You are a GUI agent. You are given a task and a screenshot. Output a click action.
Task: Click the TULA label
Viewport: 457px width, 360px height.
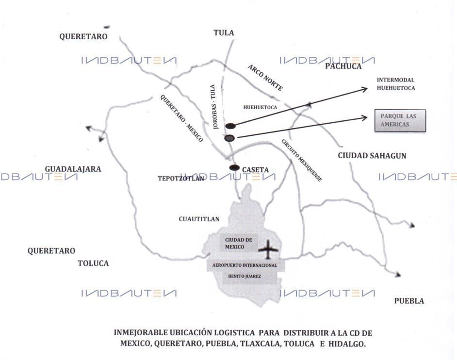(x=224, y=33)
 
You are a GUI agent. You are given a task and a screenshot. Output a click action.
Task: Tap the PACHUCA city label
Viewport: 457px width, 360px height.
(x=343, y=66)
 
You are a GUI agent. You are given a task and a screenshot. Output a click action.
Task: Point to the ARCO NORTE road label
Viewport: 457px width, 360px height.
(x=265, y=78)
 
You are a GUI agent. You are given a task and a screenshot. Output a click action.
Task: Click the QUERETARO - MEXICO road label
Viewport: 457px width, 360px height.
(x=181, y=118)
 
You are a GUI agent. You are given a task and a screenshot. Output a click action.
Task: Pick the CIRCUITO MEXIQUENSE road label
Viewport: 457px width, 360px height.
(x=302, y=160)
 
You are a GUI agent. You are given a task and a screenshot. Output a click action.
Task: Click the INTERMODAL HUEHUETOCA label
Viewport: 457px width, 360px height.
(x=396, y=84)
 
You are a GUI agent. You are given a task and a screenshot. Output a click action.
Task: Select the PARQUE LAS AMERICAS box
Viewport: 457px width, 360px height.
(x=400, y=120)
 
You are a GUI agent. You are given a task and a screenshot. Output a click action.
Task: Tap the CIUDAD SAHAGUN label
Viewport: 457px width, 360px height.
(x=372, y=156)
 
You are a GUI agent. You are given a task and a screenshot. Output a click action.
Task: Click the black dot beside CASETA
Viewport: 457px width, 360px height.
(x=234, y=167)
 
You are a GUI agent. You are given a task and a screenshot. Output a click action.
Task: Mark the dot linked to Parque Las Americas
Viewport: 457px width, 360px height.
(x=229, y=138)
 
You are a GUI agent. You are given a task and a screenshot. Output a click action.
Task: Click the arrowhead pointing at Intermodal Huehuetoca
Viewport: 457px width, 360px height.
(x=364, y=89)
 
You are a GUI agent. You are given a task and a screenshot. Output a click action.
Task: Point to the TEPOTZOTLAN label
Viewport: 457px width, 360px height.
(x=180, y=179)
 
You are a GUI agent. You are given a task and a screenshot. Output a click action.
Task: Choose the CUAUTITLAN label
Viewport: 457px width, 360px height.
(x=199, y=219)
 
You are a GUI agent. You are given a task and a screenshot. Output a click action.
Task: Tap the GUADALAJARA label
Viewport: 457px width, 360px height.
(x=73, y=169)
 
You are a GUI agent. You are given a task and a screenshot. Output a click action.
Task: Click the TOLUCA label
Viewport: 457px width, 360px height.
(x=93, y=263)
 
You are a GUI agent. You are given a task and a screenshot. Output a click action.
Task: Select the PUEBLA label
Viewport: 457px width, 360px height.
(x=409, y=301)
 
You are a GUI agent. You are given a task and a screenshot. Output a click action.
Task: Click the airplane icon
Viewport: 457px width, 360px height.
(x=268, y=249)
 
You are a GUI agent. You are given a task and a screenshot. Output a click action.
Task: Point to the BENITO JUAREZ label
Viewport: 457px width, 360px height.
(x=245, y=276)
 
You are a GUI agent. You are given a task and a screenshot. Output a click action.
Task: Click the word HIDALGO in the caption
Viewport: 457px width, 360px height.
(x=347, y=344)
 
